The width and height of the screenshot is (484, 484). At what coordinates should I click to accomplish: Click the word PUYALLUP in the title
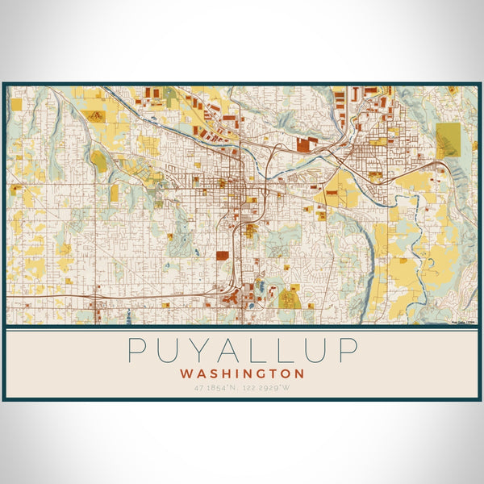click(242, 352)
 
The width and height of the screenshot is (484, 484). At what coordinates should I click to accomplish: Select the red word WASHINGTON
click(242, 374)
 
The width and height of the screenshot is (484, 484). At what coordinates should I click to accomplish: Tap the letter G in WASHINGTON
click(262, 374)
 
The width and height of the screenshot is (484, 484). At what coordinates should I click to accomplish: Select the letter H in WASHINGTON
click(226, 374)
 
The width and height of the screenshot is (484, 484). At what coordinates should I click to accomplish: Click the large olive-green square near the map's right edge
click(448, 140)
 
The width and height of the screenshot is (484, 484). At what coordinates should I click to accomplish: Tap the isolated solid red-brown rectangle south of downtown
click(222, 256)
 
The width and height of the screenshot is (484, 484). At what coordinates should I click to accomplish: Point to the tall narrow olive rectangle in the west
click(114, 191)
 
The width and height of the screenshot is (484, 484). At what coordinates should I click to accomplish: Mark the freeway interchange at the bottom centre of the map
click(232, 289)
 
